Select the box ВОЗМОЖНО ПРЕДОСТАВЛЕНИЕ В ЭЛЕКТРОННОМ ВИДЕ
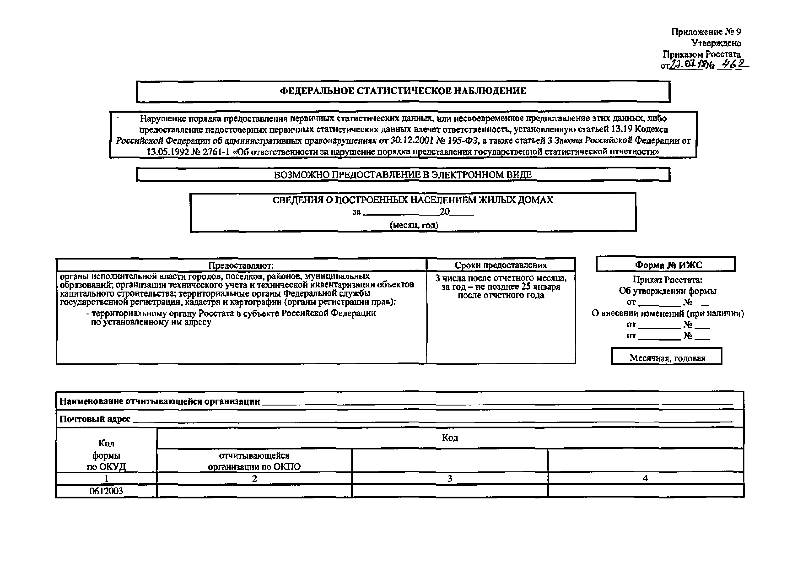click(x=403, y=175)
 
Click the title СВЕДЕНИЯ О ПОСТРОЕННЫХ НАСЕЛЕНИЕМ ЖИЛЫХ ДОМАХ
click(x=413, y=200)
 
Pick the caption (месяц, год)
click(x=414, y=225)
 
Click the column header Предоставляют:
click(x=241, y=265)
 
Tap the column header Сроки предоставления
click(x=501, y=265)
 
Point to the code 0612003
click(x=106, y=491)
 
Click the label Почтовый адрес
click(x=95, y=419)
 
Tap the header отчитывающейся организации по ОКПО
click(x=254, y=461)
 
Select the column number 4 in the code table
click(x=646, y=478)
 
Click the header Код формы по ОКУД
click(x=106, y=455)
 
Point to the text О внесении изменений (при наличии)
click(x=668, y=313)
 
